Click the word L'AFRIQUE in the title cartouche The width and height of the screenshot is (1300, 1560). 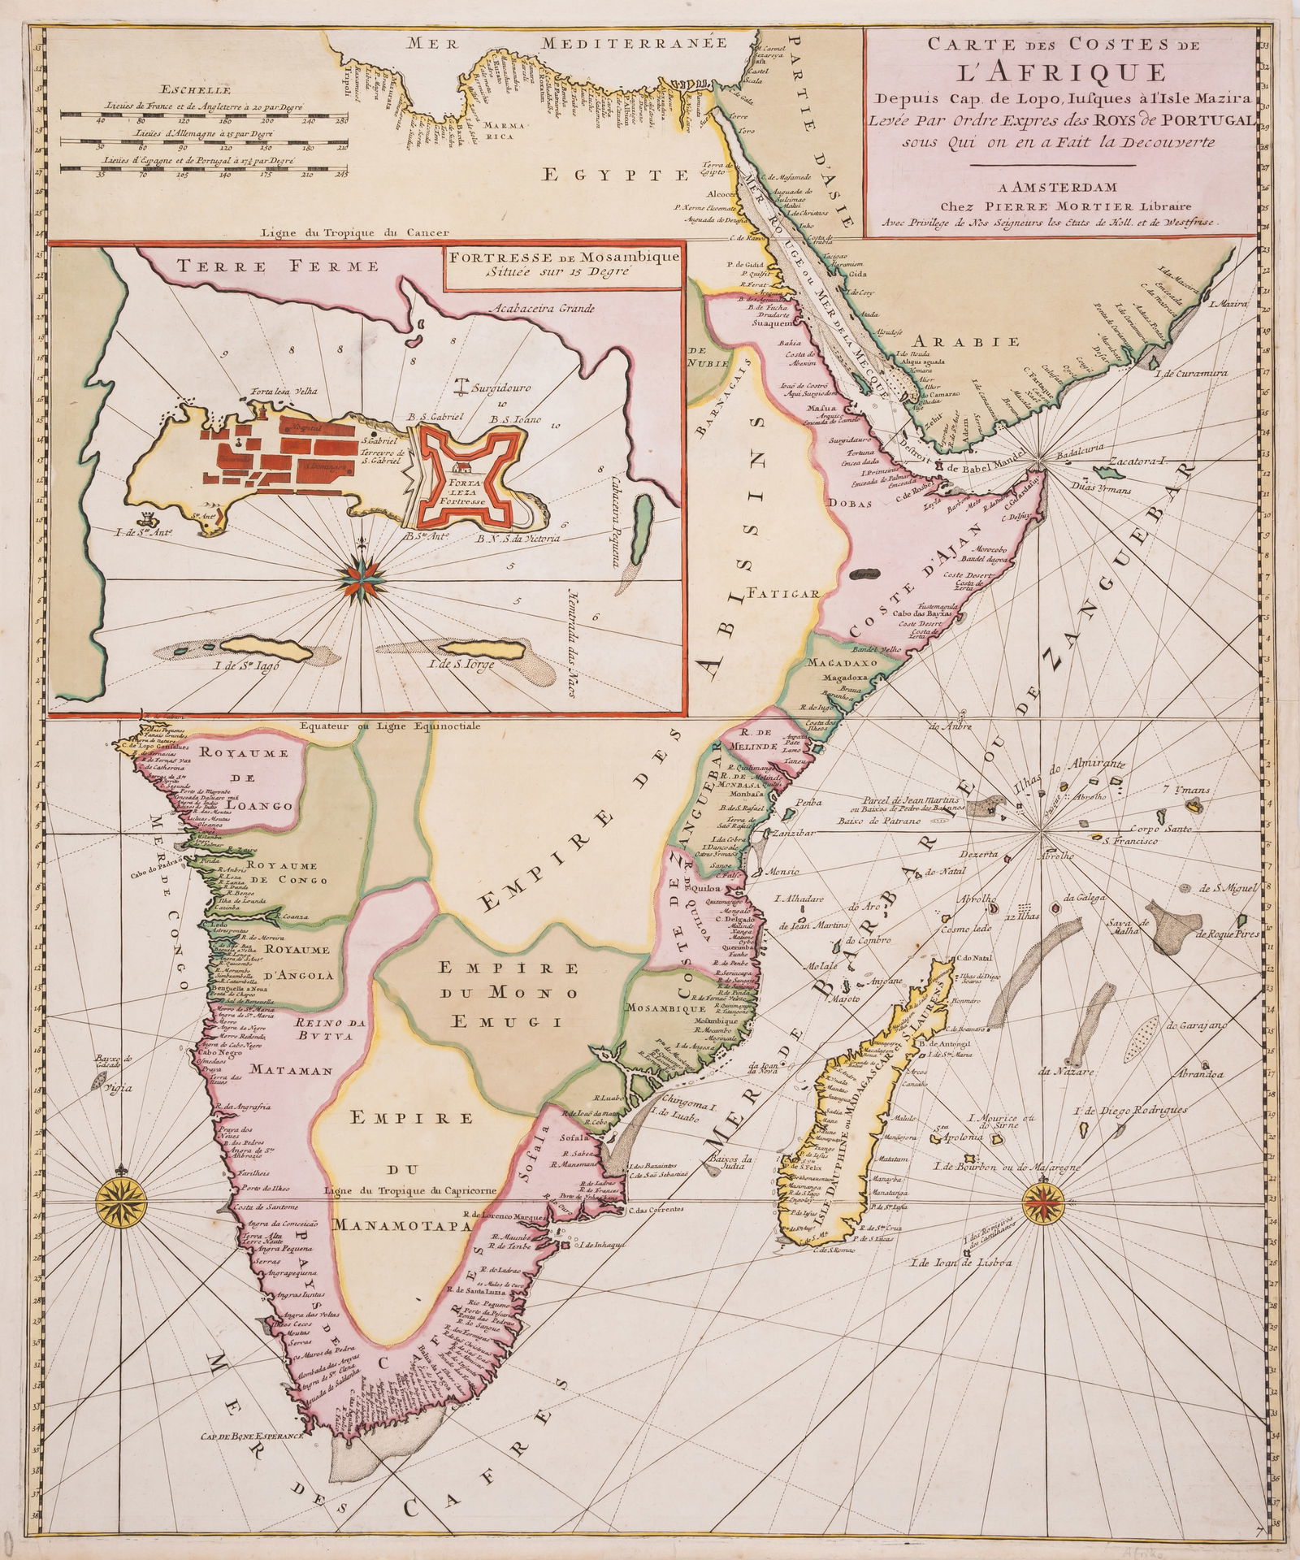(1060, 71)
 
